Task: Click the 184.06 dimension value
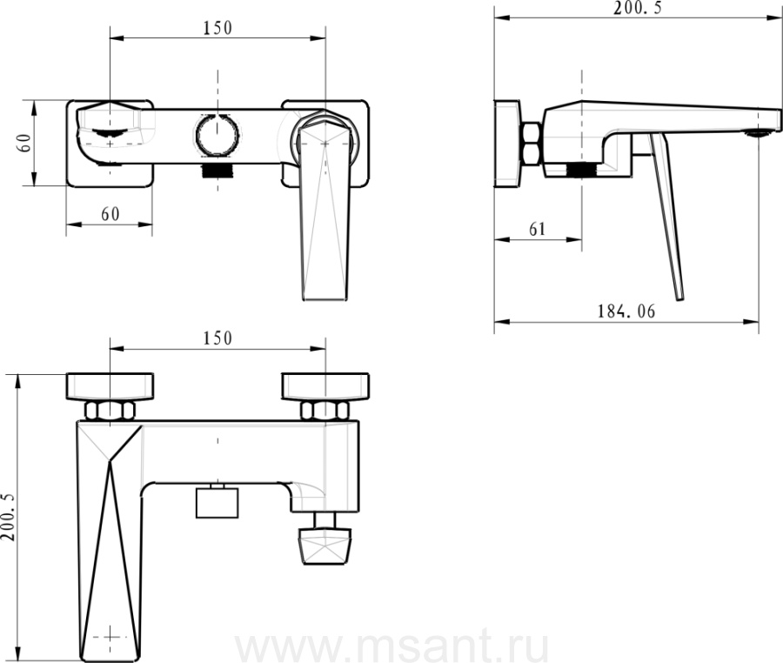(x=626, y=311)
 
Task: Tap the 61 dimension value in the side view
(x=538, y=229)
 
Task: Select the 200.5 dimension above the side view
(x=638, y=8)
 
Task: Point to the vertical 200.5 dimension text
(x=9, y=516)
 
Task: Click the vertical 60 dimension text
(x=25, y=143)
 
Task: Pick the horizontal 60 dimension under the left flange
(x=110, y=214)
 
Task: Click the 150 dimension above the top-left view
(x=217, y=28)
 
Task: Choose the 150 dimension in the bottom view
(x=217, y=338)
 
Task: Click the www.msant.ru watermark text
(x=391, y=646)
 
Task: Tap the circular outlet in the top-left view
(x=217, y=135)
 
